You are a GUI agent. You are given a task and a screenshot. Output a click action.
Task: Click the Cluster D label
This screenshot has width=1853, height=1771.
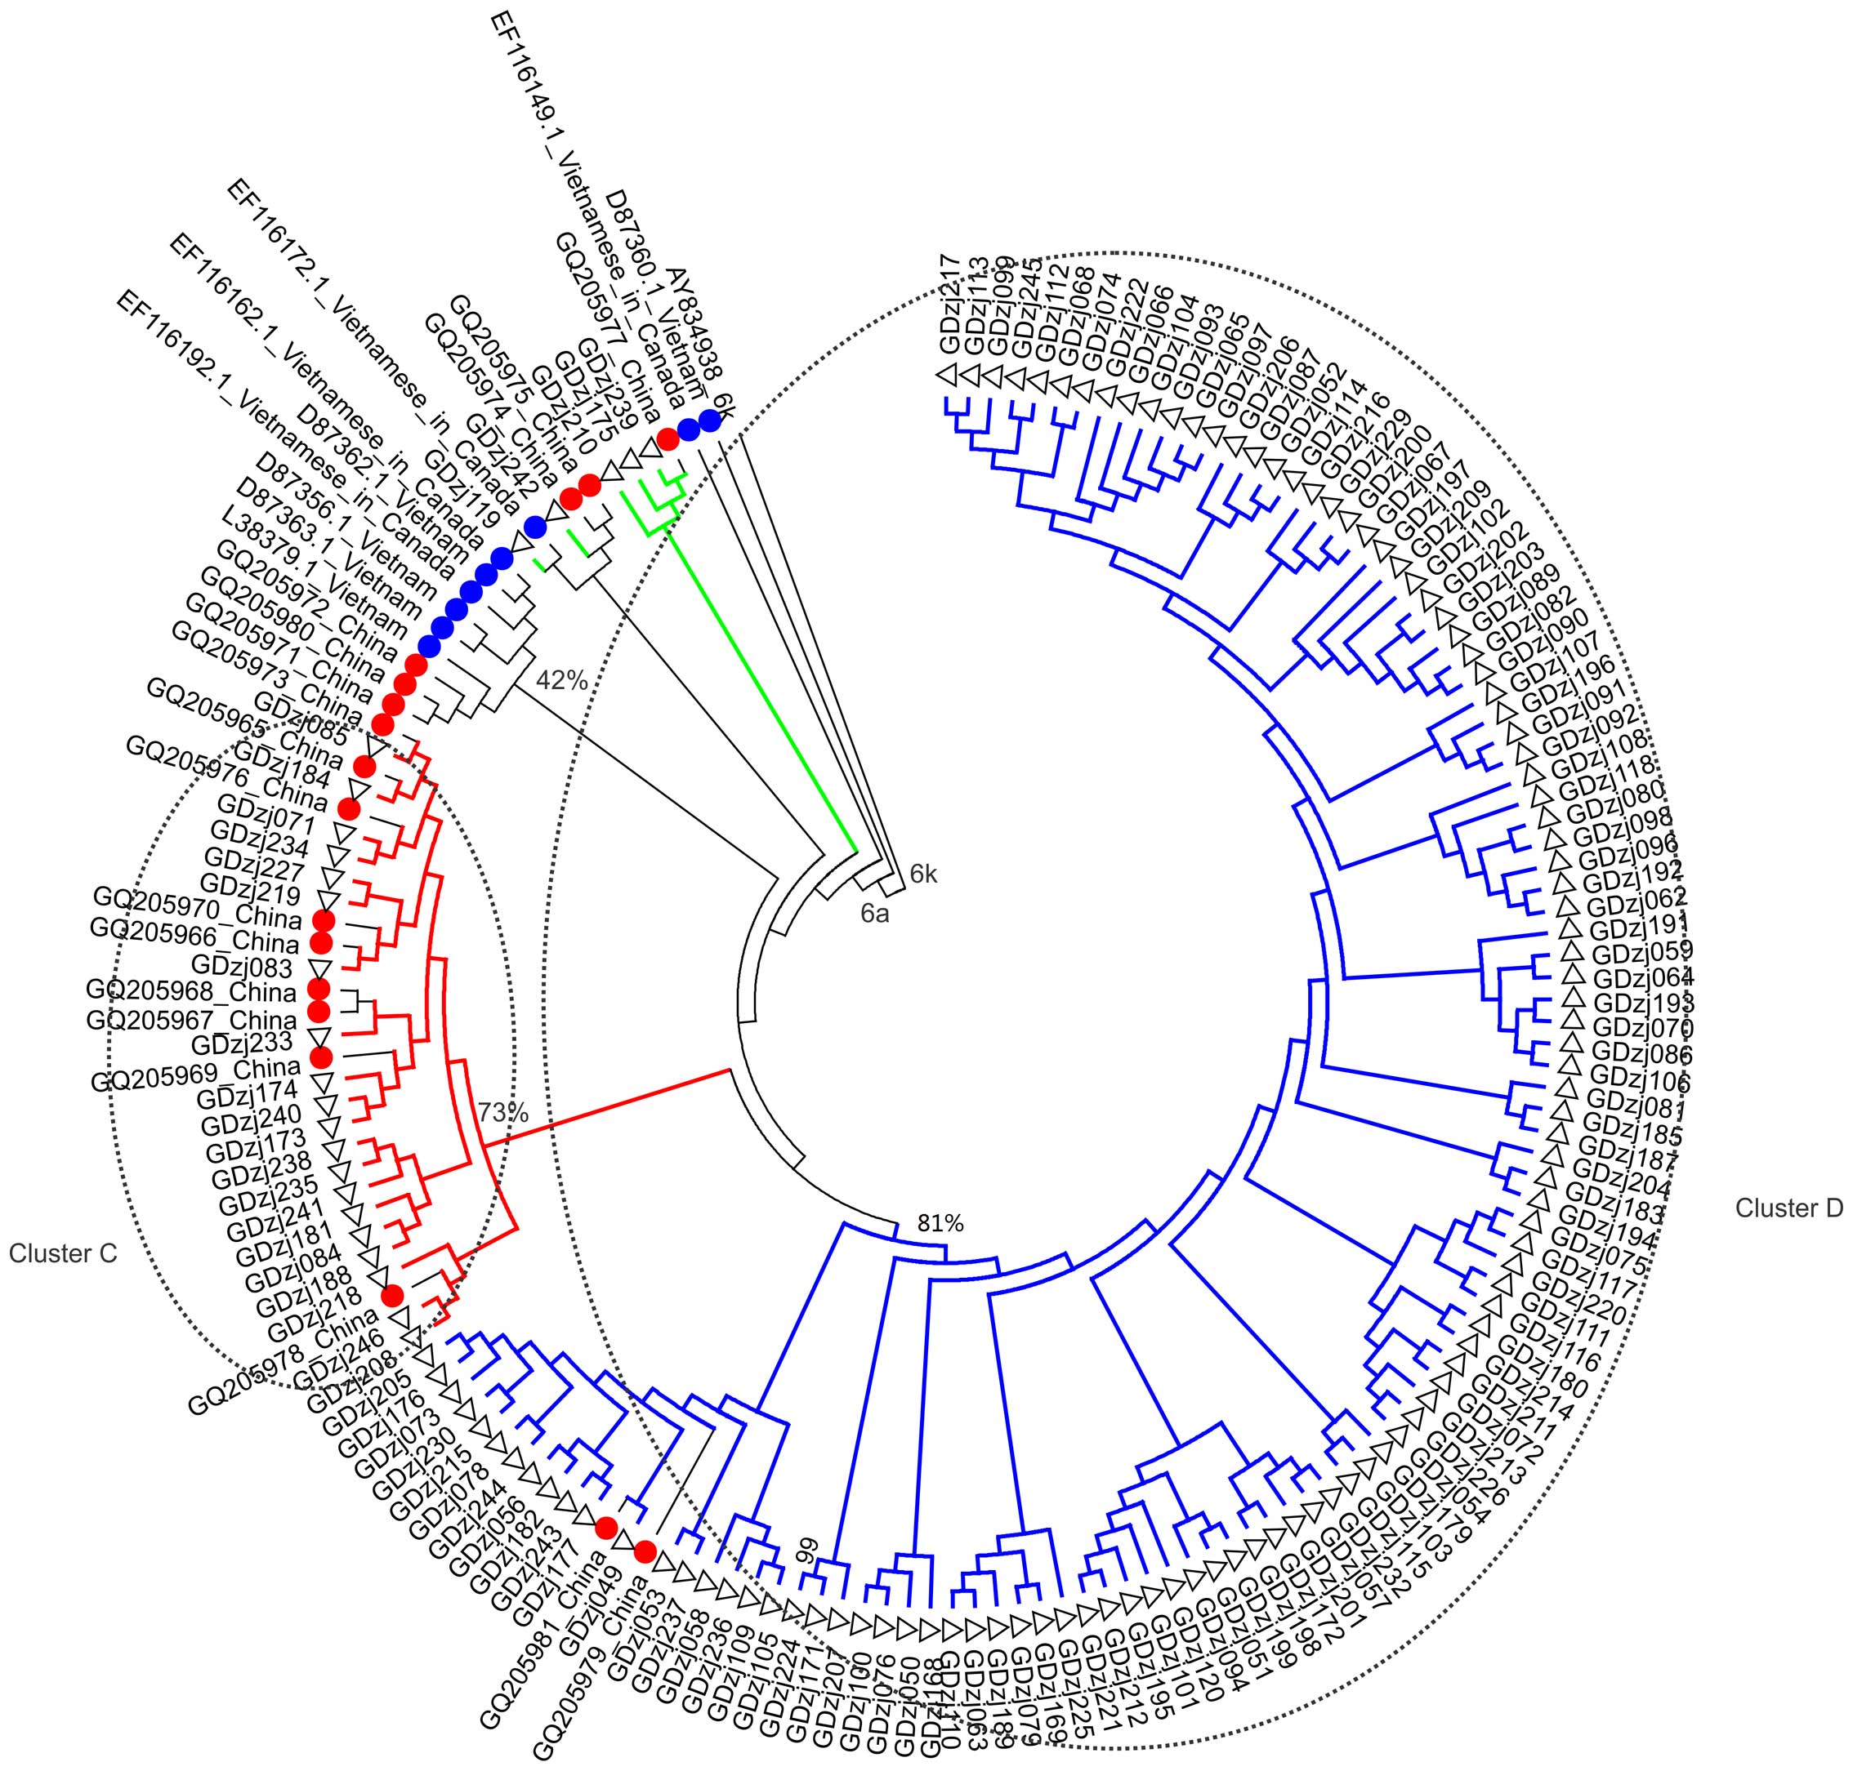[1788, 1208]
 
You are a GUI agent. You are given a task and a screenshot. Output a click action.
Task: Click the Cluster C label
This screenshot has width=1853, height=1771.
[63, 1253]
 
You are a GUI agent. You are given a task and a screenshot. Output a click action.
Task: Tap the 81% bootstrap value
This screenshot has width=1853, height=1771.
[940, 1223]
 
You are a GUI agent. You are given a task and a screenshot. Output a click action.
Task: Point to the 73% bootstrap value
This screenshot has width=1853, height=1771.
[502, 1112]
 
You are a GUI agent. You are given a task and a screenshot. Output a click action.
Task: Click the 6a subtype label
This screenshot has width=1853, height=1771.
[874, 913]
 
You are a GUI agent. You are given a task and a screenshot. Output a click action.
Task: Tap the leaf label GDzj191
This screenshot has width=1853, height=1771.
[1636, 924]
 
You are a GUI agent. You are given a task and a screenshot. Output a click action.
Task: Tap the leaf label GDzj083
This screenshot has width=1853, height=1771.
[242, 967]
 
